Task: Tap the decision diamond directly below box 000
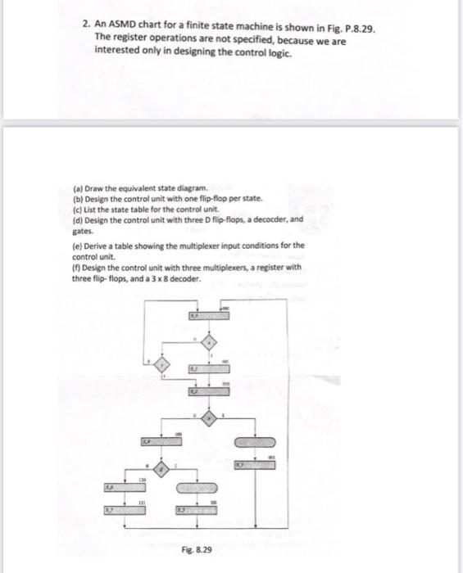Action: [209, 341]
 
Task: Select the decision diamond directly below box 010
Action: [209, 417]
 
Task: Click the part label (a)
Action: [79, 187]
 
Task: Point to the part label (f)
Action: [78, 267]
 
